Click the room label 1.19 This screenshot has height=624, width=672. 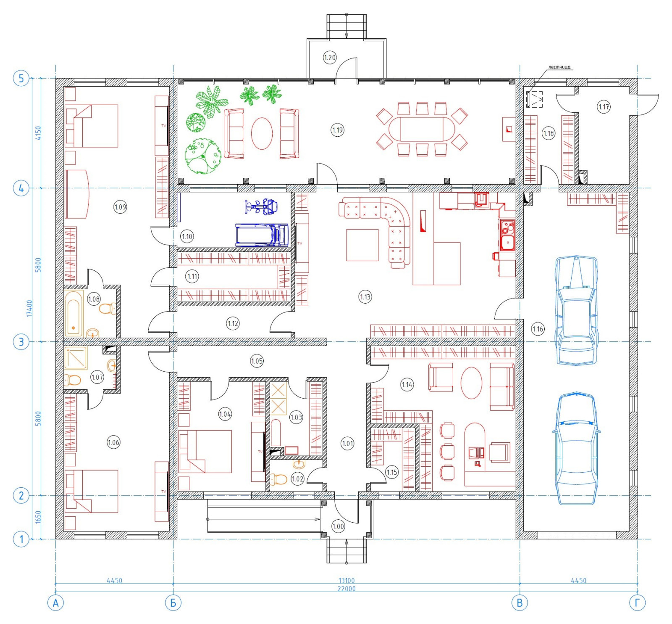point(338,130)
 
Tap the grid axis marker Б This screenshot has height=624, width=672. point(173,603)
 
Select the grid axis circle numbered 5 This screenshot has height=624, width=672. point(21,78)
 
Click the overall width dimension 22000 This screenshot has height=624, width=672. point(346,589)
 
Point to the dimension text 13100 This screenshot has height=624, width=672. point(346,581)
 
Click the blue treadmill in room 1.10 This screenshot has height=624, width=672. point(262,235)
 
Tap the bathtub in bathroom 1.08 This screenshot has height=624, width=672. point(74,314)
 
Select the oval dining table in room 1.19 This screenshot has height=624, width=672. point(422,129)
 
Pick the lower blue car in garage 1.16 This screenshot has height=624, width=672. point(576,448)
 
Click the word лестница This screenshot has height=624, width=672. point(559,67)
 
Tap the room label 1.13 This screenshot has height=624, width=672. point(365,297)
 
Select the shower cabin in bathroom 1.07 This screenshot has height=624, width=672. point(76,358)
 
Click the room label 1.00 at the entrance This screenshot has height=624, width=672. point(338,526)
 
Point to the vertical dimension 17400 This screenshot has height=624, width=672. point(29,308)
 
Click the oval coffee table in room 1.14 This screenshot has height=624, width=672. point(471,383)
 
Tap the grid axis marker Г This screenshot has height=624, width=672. point(637,603)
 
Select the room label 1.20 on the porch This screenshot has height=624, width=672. point(330,57)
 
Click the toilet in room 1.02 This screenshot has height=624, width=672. point(278,479)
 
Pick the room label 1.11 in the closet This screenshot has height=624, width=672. point(192,276)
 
